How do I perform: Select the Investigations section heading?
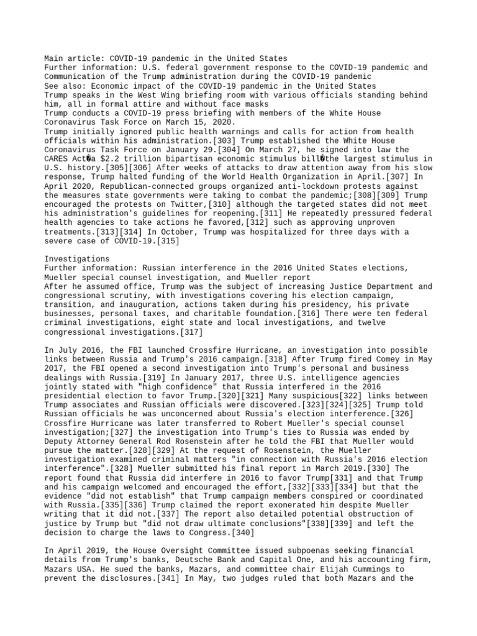coord(77,259)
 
